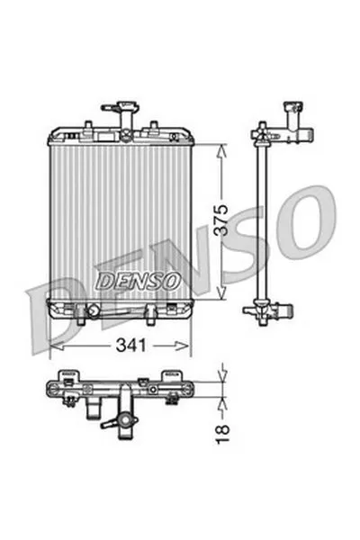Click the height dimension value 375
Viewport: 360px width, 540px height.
coord(221,220)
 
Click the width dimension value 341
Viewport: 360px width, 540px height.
coord(130,345)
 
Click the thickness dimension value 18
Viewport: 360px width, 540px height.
coord(222,434)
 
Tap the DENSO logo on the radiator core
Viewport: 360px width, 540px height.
coord(138,282)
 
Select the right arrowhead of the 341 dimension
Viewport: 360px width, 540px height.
coord(182,346)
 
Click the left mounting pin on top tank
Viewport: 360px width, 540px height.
coord(88,125)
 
